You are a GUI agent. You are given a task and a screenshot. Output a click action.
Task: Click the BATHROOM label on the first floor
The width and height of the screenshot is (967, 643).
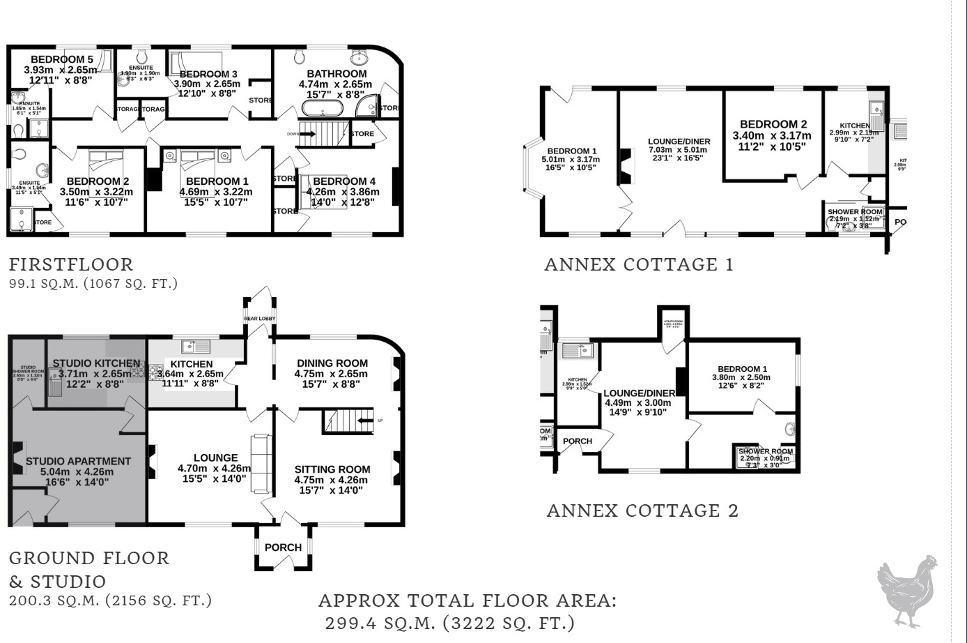click(336, 74)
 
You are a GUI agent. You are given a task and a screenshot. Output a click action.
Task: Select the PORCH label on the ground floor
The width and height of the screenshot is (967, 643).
click(284, 547)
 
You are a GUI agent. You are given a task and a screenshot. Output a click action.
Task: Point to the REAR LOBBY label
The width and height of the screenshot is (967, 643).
click(259, 319)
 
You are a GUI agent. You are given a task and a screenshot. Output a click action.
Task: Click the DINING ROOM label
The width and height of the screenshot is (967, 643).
click(332, 363)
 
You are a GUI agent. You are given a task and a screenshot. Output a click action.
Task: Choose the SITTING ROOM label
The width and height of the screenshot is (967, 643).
click(332, 469)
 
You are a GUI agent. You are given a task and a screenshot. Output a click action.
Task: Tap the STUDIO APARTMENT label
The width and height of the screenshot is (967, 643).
click(78, 461)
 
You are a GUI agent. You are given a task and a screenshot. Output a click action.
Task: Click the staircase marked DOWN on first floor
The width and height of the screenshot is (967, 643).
click(323, 133)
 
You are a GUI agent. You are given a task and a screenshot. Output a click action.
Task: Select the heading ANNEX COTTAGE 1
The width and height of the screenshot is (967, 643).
click(639, 265)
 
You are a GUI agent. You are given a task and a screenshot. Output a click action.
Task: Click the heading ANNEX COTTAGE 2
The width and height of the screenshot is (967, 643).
click(642, 510)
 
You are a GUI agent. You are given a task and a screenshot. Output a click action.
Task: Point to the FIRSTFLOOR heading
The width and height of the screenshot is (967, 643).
click(70, 265)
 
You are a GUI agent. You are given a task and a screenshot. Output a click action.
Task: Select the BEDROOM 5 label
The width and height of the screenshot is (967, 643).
click(61, 59)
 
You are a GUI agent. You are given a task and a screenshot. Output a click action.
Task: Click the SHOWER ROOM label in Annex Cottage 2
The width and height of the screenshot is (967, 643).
click(765, 451)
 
